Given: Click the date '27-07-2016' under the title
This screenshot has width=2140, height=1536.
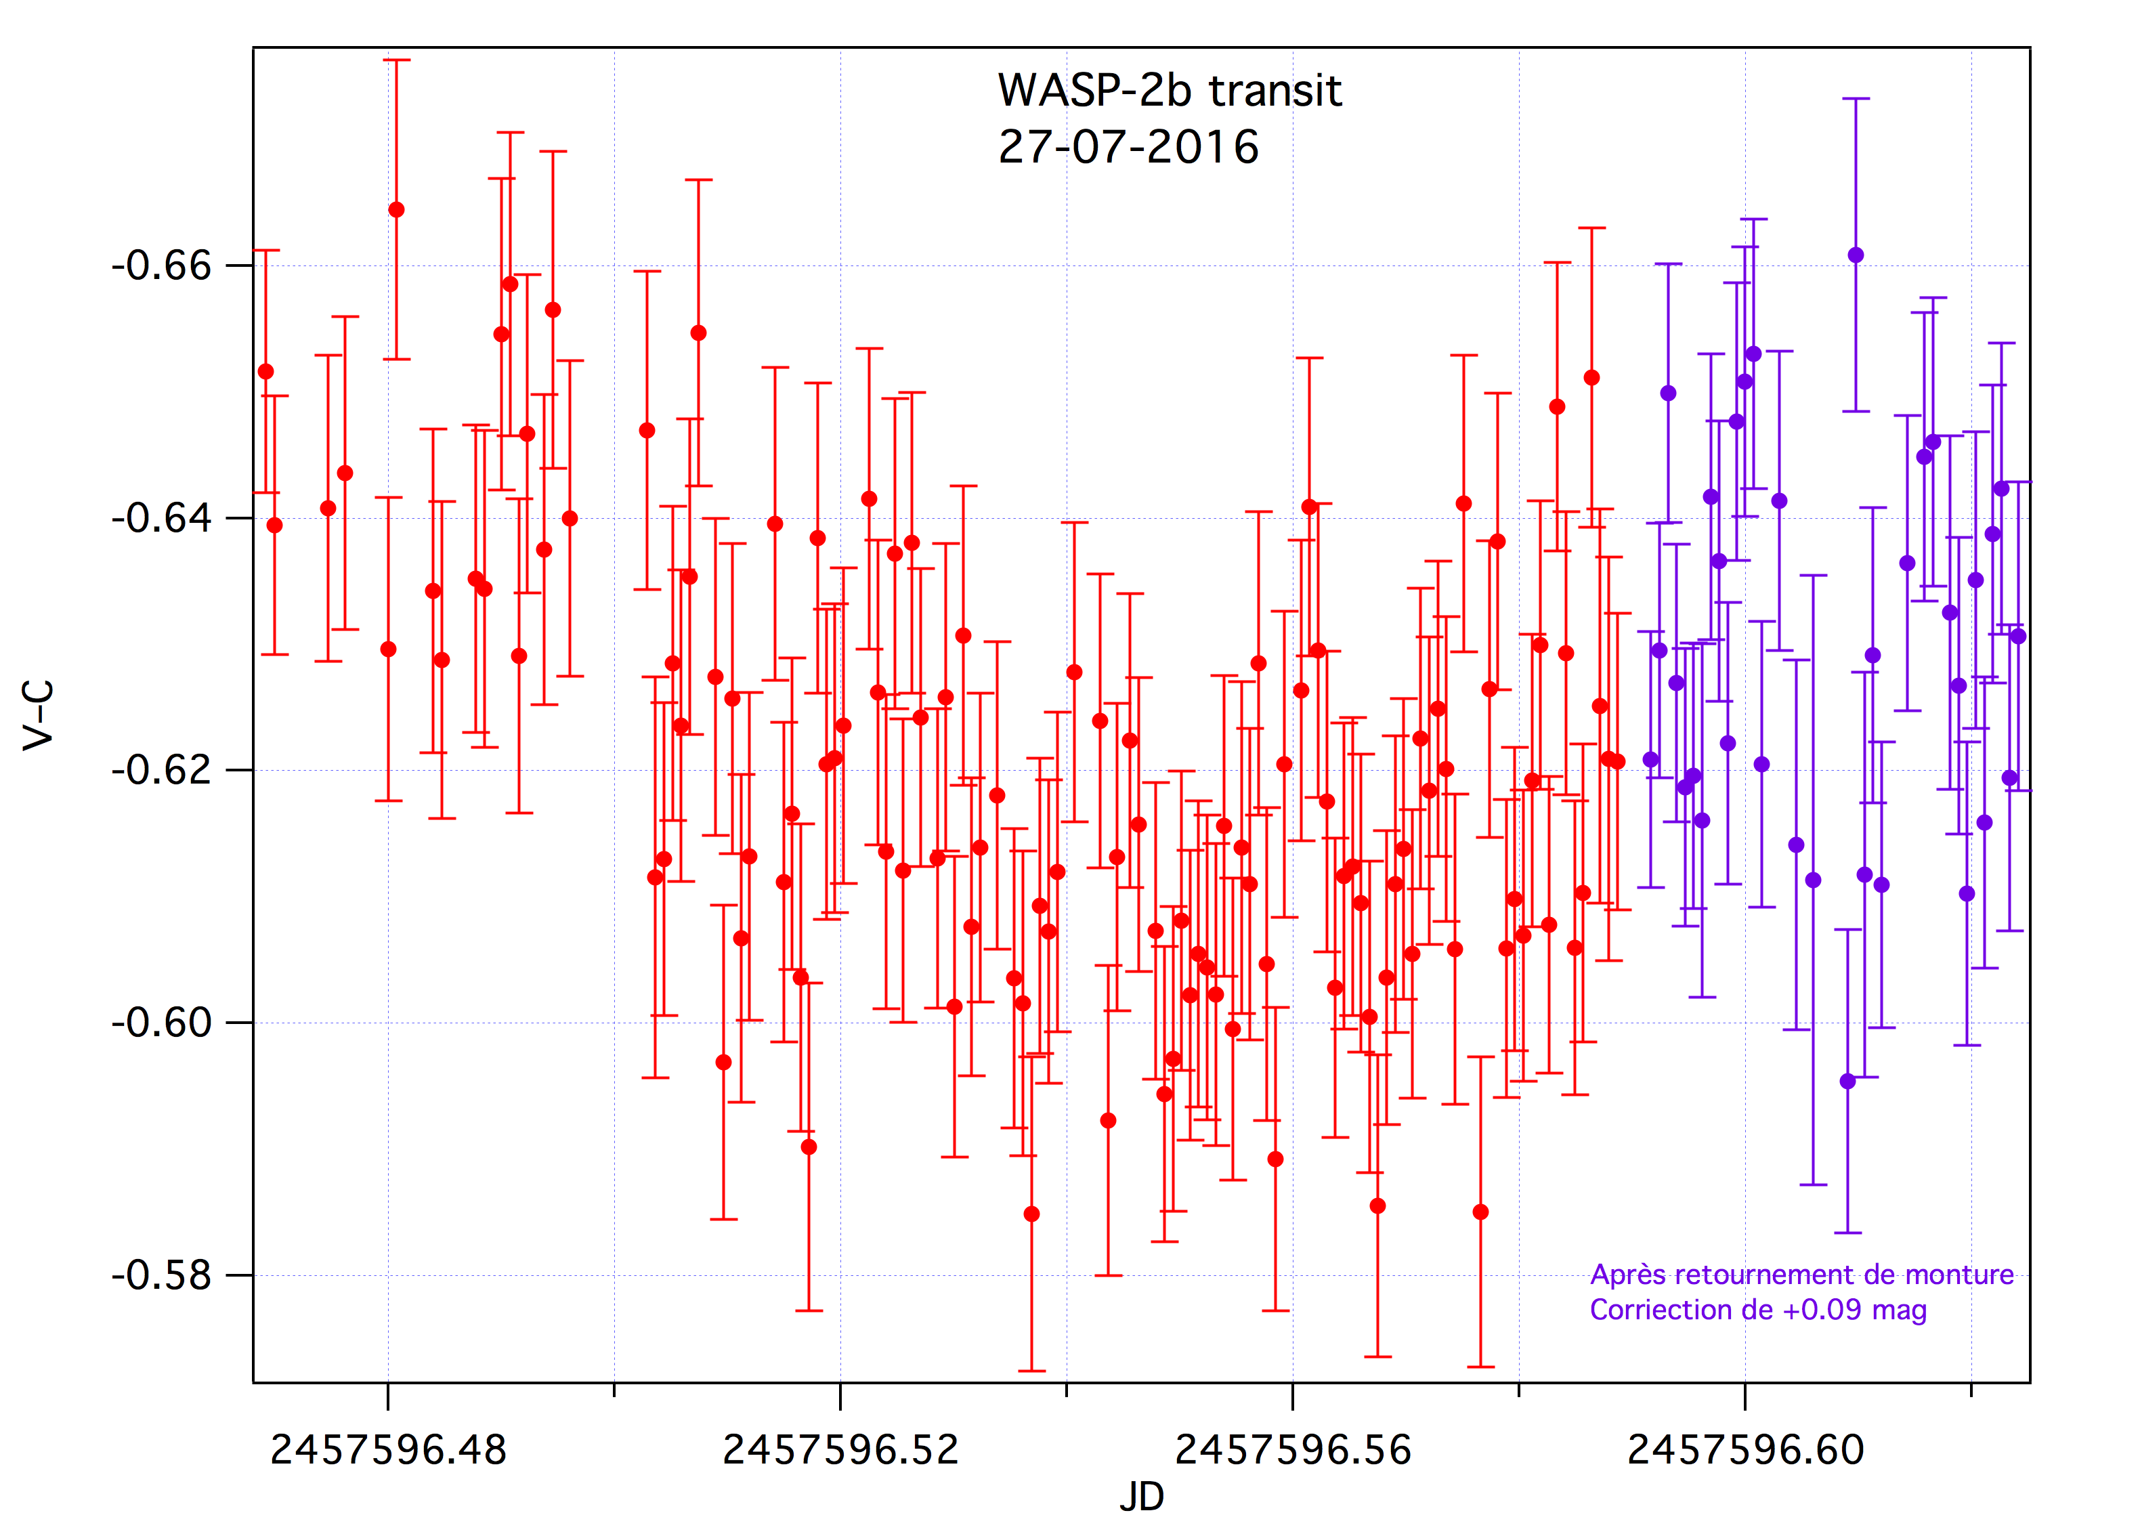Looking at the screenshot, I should [x=1128, y=147].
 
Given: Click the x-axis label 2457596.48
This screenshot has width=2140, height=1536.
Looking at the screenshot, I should [x=388, y=1450].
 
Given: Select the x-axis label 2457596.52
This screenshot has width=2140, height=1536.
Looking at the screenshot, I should [x=840, y=1450].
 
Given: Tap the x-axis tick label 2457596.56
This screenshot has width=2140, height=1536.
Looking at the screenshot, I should [x=1293, y=1450].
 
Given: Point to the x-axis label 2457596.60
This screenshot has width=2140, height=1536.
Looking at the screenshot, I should [x=1746, y=1450].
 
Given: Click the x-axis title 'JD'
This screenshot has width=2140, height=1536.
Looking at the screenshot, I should [x=1142, y=1497].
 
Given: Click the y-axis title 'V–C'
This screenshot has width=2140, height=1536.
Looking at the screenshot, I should [x=39, y=715].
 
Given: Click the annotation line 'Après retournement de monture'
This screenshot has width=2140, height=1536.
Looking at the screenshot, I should [x=1801, y=1275].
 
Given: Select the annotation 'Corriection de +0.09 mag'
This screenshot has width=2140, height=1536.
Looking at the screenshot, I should [x=1758, y=1310].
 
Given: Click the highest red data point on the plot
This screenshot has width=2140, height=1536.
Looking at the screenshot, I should [x=396, y=209].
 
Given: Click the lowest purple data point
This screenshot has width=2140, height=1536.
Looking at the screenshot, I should [x=1847, y=1082].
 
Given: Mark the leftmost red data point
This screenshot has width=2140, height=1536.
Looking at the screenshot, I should [x=266, y=372].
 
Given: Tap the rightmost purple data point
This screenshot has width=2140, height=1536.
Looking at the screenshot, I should [x=2017, y=637].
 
